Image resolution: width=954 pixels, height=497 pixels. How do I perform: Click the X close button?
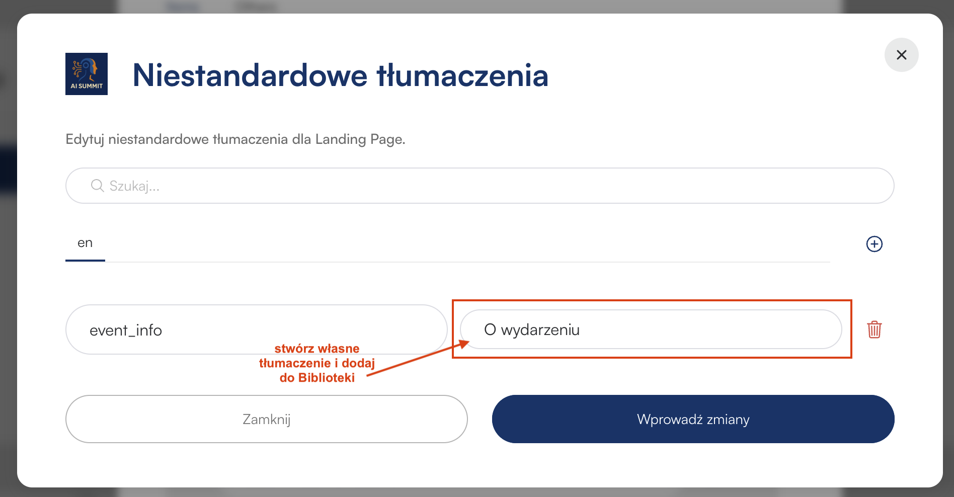coord(901,55)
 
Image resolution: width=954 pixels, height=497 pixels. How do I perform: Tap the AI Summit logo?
coord(87,74)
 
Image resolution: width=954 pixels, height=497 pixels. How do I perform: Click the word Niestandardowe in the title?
coord(250,75)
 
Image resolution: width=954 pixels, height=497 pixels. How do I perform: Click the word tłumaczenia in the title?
coord(462,75)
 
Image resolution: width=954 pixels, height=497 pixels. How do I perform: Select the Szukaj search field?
coord(480,186)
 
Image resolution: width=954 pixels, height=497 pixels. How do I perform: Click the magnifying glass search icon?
coord(97,186)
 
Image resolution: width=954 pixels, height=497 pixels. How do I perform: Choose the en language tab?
coord(85,243)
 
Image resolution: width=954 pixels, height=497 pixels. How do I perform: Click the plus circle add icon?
coord(874,244)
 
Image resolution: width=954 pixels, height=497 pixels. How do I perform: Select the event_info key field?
coord(256,329)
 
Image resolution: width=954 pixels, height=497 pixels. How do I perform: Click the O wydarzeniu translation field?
coord(651,329)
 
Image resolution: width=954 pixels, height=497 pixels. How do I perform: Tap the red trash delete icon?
coord(874,329)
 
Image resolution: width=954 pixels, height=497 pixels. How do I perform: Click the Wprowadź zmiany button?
coord(693,419)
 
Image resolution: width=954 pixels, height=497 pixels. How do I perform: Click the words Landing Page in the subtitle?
coord(360,139)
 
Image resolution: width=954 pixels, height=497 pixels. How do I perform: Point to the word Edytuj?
coord(85,139)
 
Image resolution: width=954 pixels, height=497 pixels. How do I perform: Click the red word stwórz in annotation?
coord(292,349)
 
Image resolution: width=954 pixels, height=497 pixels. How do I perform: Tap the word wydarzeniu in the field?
coord(540,330)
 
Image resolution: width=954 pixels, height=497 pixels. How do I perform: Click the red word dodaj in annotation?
coord(358,363)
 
